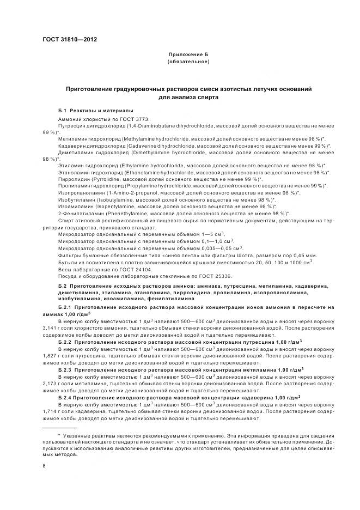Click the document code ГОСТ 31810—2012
point(66,40)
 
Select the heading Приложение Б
point(188,56)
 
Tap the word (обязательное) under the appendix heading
point(188,63)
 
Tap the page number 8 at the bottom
point(44,466)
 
